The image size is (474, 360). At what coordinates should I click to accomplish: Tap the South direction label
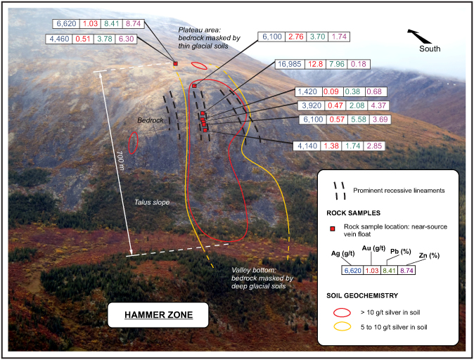(430, 49)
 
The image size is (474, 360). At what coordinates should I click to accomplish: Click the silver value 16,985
(290, 65)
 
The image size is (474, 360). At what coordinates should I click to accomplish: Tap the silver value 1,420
(308, 91)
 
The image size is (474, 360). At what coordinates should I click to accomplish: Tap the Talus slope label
(152, 202)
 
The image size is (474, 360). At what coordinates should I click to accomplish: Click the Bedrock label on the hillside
(150, 121)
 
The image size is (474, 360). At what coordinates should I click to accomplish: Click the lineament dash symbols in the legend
(338, 190)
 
